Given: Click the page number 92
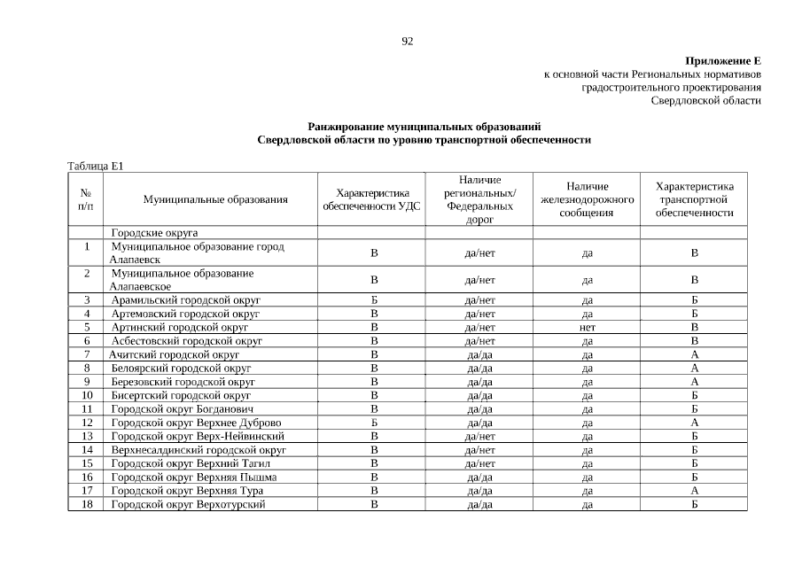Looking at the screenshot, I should coord(408,41).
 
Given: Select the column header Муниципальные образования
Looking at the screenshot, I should coord(215,199).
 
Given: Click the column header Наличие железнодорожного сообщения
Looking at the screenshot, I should coord(588,199).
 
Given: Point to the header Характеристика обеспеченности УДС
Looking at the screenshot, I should coord(373,199).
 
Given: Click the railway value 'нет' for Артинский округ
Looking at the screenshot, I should coord(587,327).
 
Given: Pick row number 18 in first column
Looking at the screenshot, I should coord(87,505).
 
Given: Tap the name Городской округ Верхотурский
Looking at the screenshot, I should coord(188,505).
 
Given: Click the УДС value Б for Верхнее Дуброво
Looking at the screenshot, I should coord(374,423).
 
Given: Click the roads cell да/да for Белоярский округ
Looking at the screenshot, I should coord(479,368).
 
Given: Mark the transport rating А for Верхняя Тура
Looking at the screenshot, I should coord(695,491).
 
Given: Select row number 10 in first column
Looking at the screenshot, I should coord(87,395).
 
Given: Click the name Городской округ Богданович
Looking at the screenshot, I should coord(183,409).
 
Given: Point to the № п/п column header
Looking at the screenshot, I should coord(87,199).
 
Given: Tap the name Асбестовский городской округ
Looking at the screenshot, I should coord(186,341).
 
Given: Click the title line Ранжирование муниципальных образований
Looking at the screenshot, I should coord(424,127).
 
